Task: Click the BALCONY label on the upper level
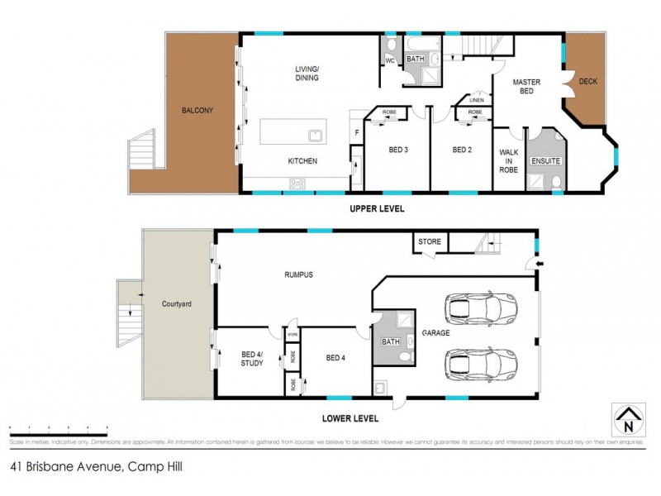coord(197,110)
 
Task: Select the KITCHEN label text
coord(302,161)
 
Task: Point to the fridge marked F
coord(357,132)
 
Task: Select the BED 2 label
coord(461,150)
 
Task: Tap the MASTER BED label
coord(526,87)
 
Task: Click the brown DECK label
coord(587,81)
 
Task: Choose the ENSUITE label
coord(545,160)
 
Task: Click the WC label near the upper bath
coord(390,61)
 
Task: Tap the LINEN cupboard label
coord(476,100)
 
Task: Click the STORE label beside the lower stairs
coord(429,242)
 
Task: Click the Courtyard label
coord(176,304)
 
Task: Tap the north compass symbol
coord(626,420)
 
